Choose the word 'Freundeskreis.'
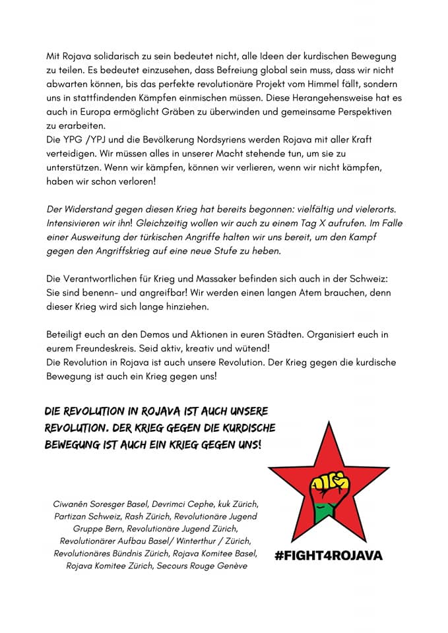pyautogui.click(x=113, y=348)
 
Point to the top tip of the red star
pyautogui.click(x=327, y=422)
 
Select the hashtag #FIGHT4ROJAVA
pyautogui.click(x=328, y=555)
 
